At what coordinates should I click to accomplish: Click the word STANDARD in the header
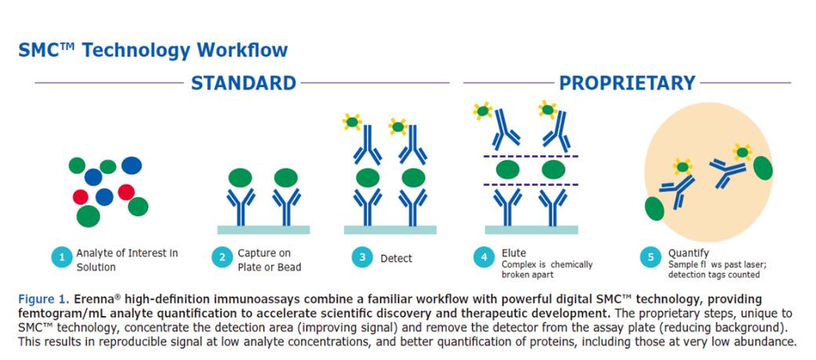tap(244, 83)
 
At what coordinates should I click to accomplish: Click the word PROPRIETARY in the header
tap(627, 83)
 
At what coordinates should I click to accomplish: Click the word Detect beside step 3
tap(396, 258)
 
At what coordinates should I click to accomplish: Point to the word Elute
tap(513, 253)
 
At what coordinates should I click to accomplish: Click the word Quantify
tap(688, 253)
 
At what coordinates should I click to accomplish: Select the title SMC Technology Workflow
tap(153, 50)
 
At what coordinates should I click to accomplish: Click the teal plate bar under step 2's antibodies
tap(263, 230)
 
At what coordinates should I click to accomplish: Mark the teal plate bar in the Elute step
tap(531, 230)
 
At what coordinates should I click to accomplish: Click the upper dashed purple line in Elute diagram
tap(531, 156)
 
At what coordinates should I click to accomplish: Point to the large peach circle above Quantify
tap(709, 171)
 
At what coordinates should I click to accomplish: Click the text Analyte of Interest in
tap(127, 253)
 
